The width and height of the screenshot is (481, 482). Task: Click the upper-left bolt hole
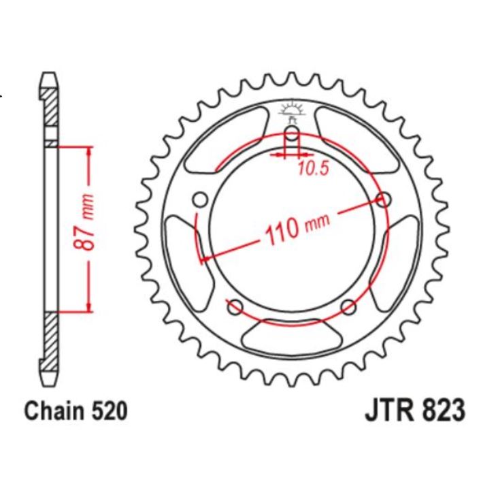click(x=200, y=199)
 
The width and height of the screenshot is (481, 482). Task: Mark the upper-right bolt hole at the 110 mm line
click(x=384, y=200)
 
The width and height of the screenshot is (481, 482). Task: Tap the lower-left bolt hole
click(x=235, y=307)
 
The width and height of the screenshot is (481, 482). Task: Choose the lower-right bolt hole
click(x=348, y=306)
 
